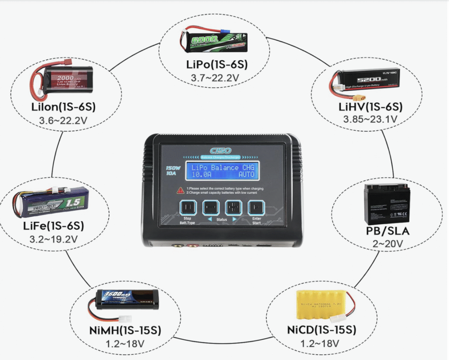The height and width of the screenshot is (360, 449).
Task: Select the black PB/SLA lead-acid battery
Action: click(387, 205)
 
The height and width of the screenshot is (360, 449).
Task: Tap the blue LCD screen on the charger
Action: click(221, 171)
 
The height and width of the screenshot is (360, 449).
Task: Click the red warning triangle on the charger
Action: click(180, 190)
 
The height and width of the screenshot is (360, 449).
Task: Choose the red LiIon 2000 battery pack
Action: click(63, 80)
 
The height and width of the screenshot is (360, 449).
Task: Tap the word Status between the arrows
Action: click(221, 219)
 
